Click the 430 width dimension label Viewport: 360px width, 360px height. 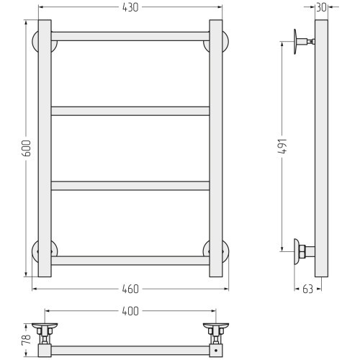coord(130,7)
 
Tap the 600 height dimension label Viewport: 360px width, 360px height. coord(27,148)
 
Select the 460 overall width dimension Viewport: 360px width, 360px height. coord(130,289)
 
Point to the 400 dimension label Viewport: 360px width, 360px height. coord(130,311)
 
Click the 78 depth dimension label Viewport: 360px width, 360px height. coord(27,340)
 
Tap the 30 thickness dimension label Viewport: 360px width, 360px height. coord(322,7)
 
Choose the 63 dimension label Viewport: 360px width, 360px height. coord(308,289)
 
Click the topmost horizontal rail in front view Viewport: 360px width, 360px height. coord(130,36)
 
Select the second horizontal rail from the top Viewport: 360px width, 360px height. coord(130,111)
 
